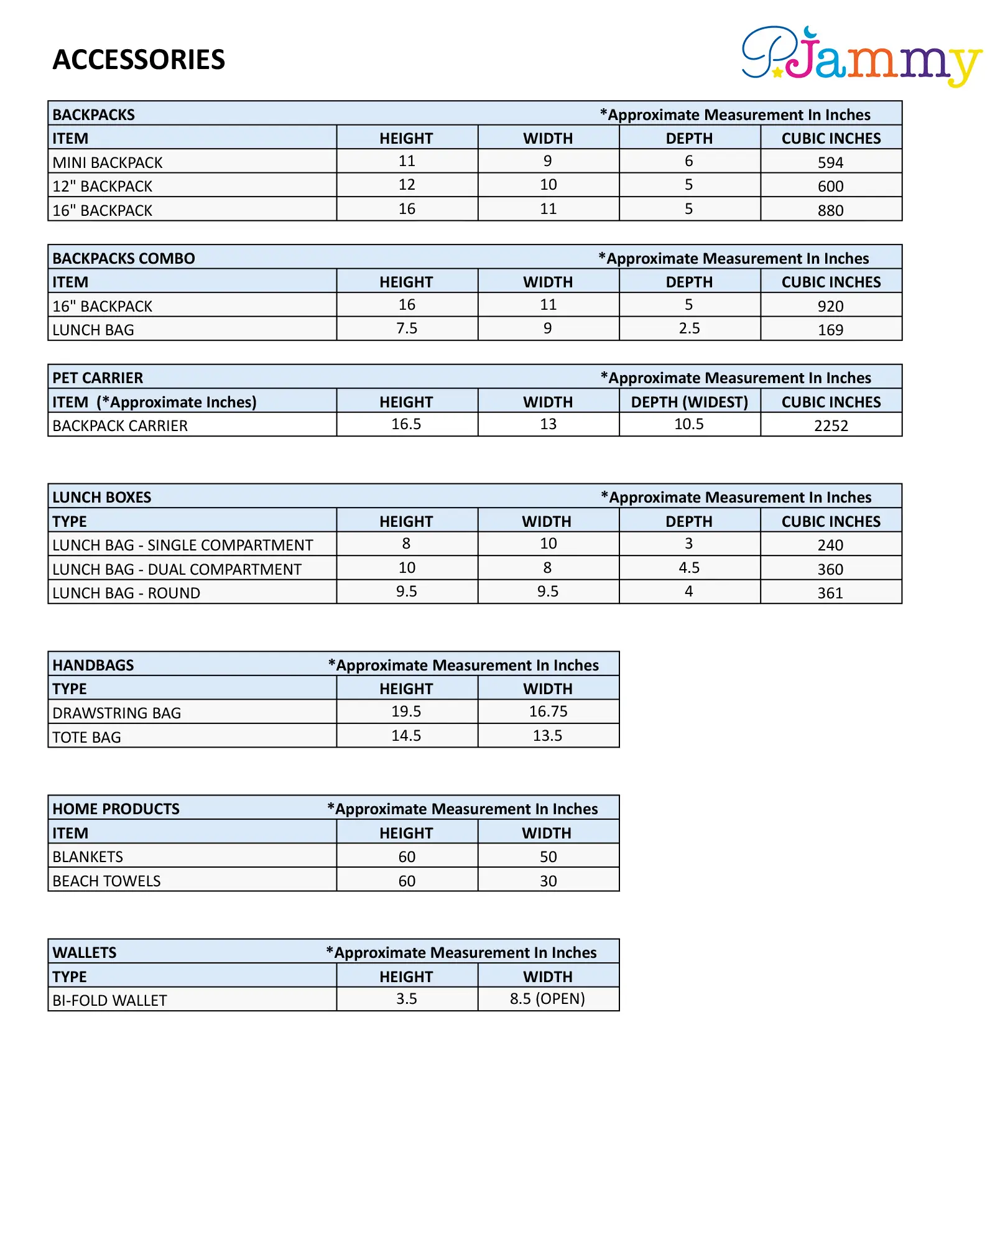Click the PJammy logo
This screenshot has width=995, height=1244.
coord(861,56)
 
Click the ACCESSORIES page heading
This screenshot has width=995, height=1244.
coord(139,60)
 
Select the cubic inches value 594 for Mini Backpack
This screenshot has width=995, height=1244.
coord(830,162)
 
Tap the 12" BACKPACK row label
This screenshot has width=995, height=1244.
coord(103,186)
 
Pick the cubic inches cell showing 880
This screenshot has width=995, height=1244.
coord(830,210)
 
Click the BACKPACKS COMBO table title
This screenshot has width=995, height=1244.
coord(124,258)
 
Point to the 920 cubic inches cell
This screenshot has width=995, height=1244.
coord(830,306)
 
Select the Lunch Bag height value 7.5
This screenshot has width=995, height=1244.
coord(407,328)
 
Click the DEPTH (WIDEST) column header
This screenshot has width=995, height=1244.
coord(689,402)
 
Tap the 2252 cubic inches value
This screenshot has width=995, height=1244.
coord(831,425)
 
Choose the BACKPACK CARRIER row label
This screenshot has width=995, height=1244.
coord(120,425)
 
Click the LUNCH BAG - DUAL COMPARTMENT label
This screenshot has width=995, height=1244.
coord(177,569)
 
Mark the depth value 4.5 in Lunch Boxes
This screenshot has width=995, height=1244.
coord(689,568)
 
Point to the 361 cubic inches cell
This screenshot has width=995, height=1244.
coord(830,593)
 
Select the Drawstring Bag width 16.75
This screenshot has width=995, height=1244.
coord(548,712)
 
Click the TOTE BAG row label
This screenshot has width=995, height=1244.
coord(87,737)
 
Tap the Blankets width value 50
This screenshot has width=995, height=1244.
coord(548,856)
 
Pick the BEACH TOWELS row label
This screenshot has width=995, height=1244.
coord(106,881)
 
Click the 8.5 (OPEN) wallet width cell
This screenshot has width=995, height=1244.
coord(547,999)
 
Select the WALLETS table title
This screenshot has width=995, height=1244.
coord(85,952)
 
